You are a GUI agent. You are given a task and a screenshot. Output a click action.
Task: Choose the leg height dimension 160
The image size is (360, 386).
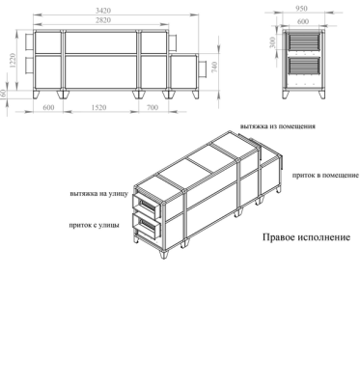5,95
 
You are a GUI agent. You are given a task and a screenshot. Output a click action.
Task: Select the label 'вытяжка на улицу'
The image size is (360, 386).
97,193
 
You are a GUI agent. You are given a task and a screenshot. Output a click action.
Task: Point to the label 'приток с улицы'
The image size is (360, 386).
95,225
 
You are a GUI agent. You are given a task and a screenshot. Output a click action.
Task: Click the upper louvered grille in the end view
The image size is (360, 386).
304,42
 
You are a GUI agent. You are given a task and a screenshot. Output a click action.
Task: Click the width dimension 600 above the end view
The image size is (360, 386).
304,19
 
